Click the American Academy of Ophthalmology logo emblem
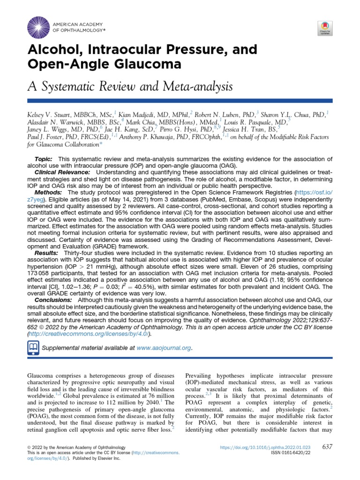(x=38, y=26)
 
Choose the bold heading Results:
(x=46, y=252)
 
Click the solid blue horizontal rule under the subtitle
(x=180, y=100)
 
